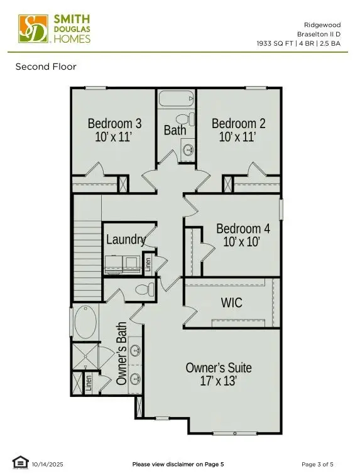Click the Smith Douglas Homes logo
click(55, 30)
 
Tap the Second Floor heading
click(46, 67)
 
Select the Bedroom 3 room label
click(114, 124)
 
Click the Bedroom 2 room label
click(238, 124)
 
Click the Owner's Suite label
click(219, 367)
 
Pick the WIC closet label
click(231, 303)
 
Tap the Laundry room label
click(126, 239)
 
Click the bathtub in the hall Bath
click(176, 99)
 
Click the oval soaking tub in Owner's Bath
click(85, 322)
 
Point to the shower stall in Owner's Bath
click(84, 357)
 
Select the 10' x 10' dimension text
click(242, 241)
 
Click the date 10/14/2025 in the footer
click(48, 464)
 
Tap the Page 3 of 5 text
click(317, 464)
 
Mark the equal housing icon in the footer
click(20, 463)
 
